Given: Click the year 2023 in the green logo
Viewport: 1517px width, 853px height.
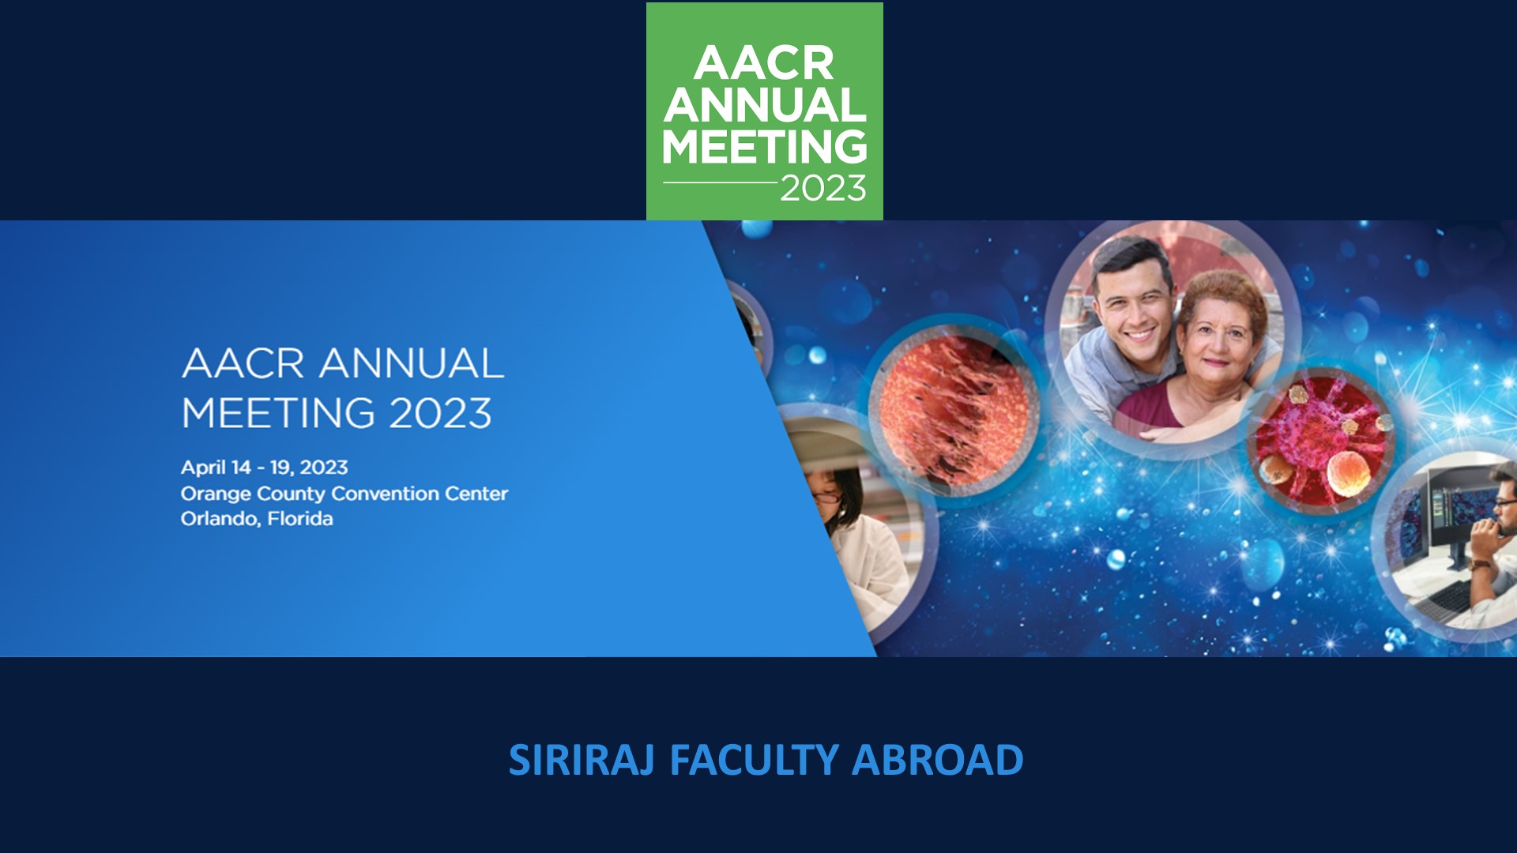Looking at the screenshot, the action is [x=823, y=188].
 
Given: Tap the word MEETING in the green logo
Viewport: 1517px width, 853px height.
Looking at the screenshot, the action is [x=765, y=146].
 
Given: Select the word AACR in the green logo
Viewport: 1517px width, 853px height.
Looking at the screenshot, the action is [x=764, y=63].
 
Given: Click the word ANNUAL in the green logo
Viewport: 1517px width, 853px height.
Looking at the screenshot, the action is [x=765, y=104].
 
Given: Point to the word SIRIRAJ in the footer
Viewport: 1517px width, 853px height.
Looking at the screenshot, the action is [x=582, y=760].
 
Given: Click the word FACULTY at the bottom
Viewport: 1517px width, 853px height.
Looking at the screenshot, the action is [x=754, y=760].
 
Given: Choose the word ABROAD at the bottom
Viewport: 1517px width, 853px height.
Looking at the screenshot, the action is [x=937, y=760].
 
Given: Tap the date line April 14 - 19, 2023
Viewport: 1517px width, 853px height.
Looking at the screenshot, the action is [x=265, y=468].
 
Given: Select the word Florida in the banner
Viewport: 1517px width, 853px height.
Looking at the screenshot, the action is [x=300, y=519].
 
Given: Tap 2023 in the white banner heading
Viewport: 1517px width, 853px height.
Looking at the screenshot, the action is [x=440, y=413].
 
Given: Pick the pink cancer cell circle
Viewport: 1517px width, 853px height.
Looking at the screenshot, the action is [x=1320, y=441].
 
